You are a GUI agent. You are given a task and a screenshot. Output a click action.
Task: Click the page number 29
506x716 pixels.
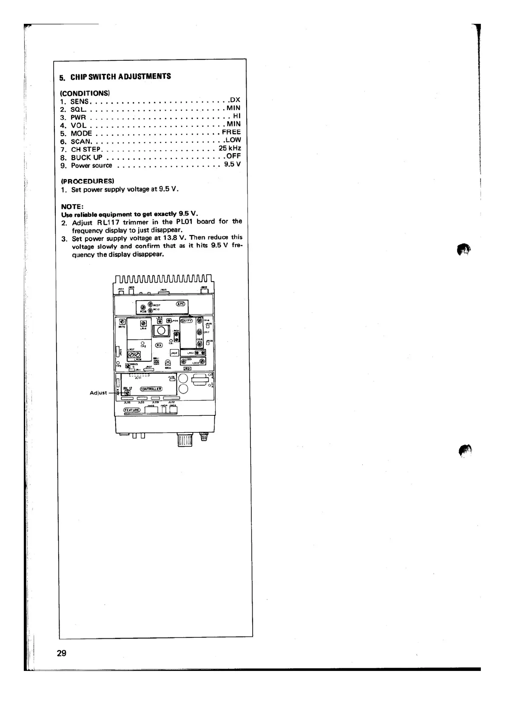pos(62,653)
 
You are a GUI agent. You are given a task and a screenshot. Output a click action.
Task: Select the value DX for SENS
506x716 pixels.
pos(235,100)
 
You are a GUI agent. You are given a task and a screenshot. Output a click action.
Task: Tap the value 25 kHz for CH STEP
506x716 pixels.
pos(230,148)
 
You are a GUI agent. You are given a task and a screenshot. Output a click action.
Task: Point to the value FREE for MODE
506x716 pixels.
pos(231,132)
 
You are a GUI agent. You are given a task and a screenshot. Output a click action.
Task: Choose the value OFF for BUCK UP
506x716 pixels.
pos(233,156)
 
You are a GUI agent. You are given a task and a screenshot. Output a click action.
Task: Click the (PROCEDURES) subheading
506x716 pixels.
pos(88,181)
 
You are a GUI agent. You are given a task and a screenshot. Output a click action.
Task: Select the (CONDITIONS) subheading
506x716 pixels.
pos(85,93)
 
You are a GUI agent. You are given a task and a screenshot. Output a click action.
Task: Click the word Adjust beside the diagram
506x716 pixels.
pos(98,393)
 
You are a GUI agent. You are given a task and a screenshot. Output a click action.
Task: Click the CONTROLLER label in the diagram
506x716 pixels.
pos(151,389)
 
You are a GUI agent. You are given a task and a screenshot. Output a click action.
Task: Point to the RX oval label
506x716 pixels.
pos(159,345)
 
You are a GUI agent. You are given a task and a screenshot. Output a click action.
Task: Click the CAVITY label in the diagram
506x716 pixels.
pos(187,321)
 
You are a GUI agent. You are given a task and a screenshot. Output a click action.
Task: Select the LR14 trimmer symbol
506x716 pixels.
pos(143,323)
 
